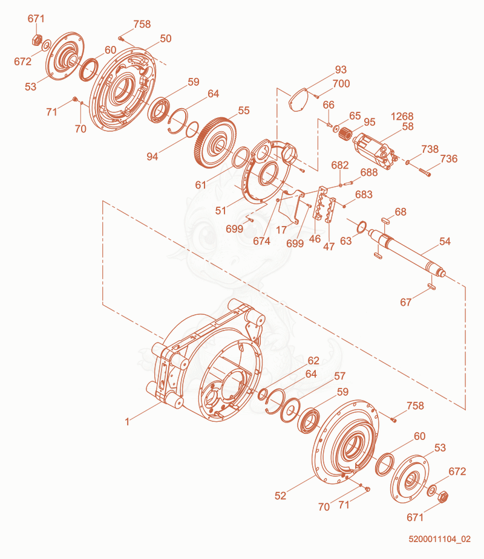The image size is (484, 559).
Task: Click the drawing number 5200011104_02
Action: (x=439, y=538)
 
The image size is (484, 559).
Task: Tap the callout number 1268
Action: (x=402, y=116)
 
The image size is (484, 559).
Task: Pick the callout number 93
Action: (x=341, y=69)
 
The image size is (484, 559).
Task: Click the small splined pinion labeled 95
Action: (x=345, y=134)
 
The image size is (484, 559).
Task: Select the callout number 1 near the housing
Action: (x=127, y=422)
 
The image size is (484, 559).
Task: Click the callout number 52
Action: (x=280, y=496)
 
